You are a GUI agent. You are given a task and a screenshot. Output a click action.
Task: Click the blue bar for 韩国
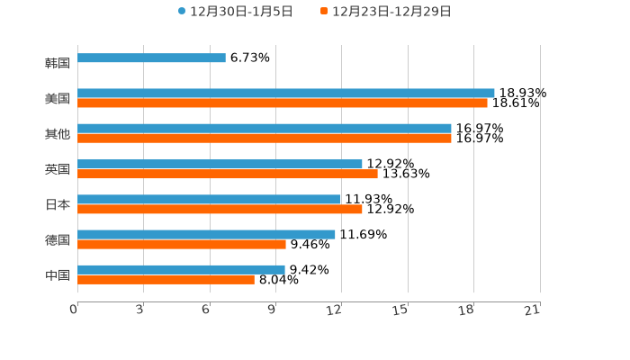tap(151, 58)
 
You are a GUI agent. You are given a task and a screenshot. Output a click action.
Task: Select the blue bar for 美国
tap(286, 93)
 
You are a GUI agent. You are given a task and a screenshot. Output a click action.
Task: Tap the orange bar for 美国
tap(283, 103)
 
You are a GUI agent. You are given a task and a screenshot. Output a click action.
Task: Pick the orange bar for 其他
tap(265, 139)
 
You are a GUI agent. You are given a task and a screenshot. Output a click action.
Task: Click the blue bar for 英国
tap(220, 164)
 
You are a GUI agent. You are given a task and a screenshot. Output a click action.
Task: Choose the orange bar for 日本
tap(220, 209)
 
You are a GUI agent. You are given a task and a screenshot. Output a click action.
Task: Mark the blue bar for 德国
tap(206, 234)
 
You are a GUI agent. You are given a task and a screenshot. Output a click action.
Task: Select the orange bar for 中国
tap(166, 280)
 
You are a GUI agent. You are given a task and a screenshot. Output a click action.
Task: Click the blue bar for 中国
tap(181, 269)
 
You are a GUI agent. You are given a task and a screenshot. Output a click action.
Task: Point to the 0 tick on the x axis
tap(74, 310)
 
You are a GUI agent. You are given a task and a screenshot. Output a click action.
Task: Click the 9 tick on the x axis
tap(272, 310)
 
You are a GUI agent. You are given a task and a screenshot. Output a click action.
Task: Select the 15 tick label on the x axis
tap(401, 310)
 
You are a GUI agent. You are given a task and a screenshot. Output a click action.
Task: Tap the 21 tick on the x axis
tap(533, 310)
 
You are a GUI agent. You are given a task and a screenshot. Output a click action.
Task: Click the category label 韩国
tap(58, 63)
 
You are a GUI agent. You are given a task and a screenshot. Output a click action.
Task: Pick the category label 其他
tap(58, 134)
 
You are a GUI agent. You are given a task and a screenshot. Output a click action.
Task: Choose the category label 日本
tap(58, 204)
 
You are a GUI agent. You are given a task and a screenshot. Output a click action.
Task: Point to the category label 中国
tap(58, 274)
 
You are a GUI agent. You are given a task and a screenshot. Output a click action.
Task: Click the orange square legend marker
tap(324, 12)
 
